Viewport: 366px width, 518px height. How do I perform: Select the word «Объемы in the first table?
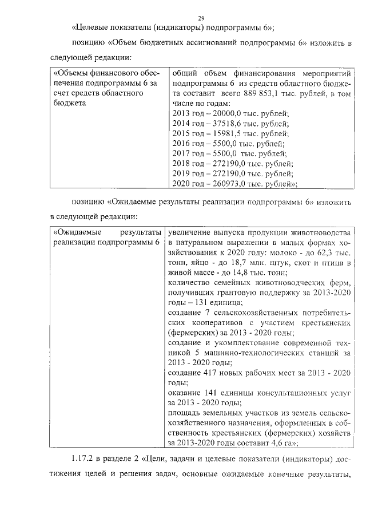tap(69, 74)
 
